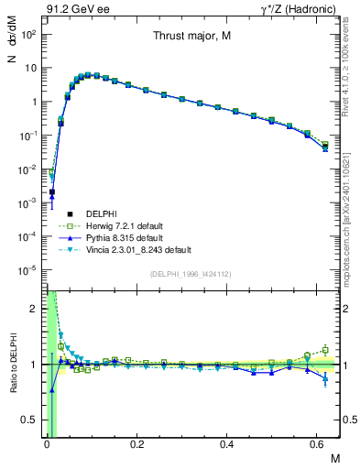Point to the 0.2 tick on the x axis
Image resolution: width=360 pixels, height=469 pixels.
tap(136, 445)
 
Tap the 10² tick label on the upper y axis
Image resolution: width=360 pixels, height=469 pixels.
tap(28, 34)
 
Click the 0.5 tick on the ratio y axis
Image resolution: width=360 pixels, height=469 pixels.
tap(29, 420)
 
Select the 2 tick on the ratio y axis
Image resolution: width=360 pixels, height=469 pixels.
tap(34, 309)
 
